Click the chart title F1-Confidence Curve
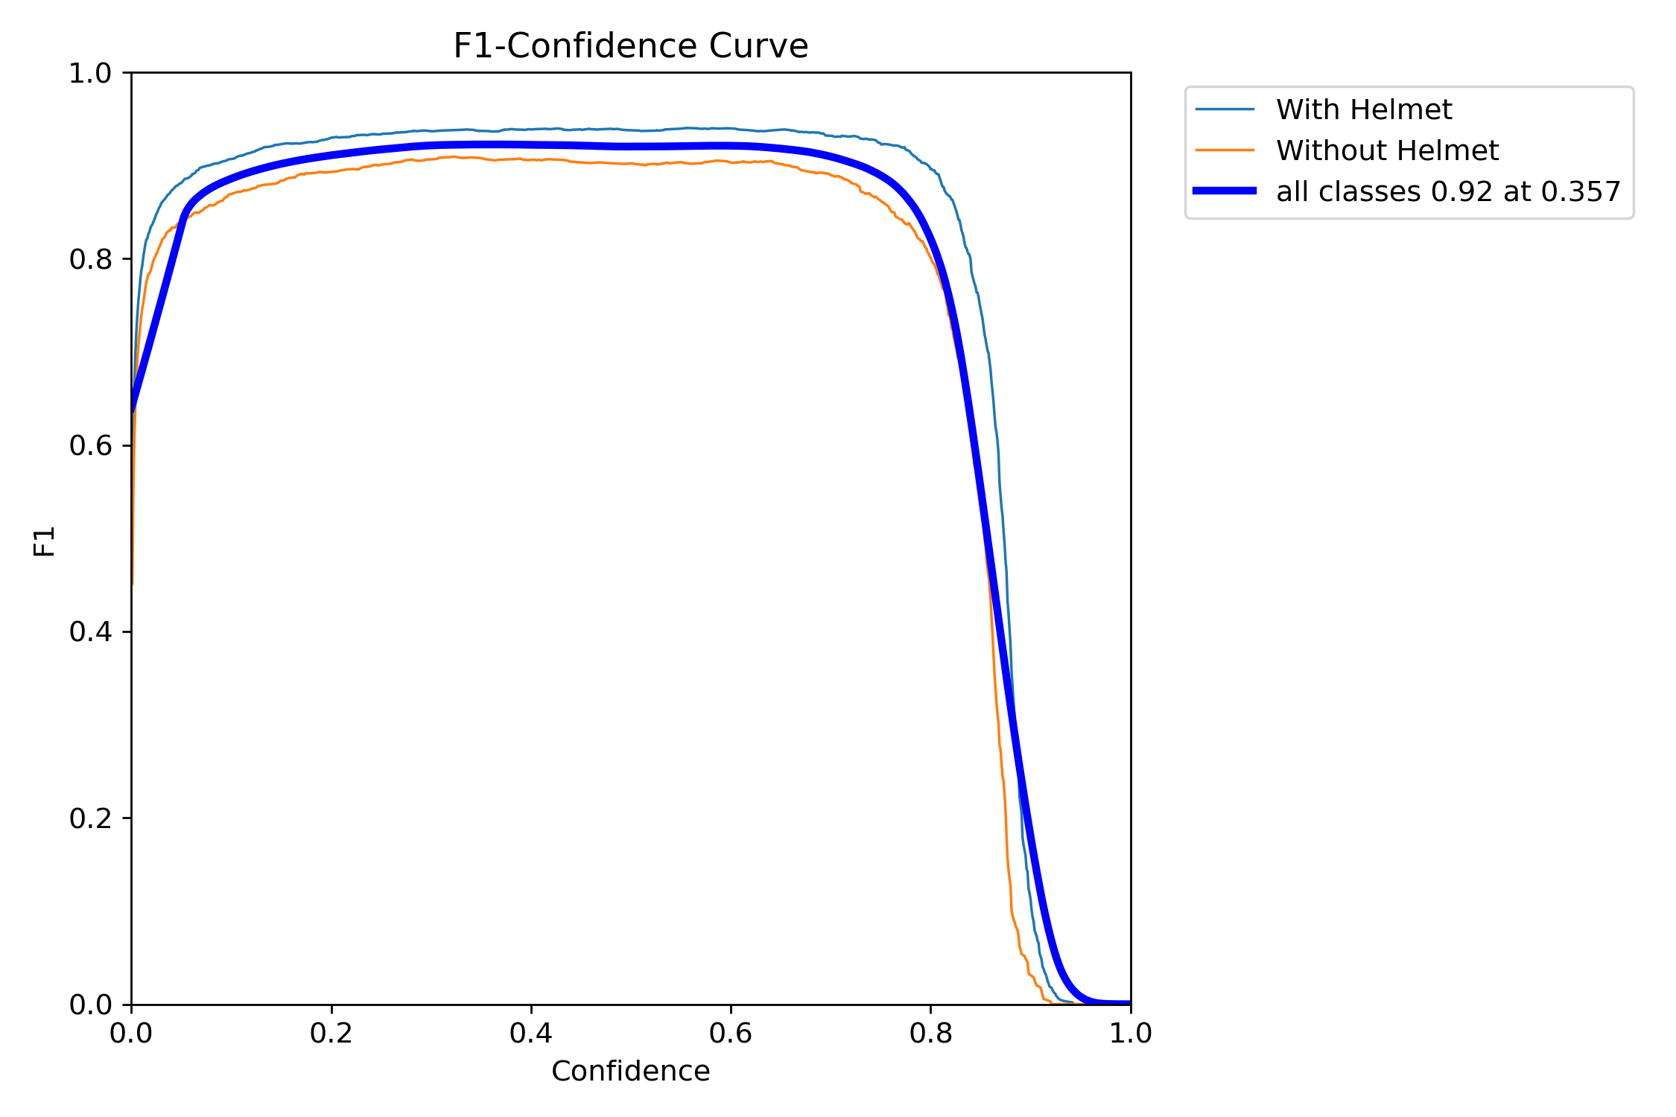coord(630,46)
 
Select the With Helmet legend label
coord(1363,110)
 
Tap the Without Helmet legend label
coord(1386,151)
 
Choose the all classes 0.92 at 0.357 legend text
coord(1448,192)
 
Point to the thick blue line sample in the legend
coord(1225,191)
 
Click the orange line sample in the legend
coord(1225,150)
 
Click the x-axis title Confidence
coord(630,1072)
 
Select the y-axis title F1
coord(45,541)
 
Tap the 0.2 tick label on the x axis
coord(331,1034)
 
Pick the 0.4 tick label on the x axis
coord(531,1034)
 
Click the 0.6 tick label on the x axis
coord(731,1034)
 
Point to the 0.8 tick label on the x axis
coord(930,1034)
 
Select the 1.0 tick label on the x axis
coord(1130,1034)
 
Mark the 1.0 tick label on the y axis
coord(90,74)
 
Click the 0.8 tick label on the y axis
coord(90,260)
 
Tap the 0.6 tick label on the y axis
coord(90,446)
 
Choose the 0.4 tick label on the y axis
coord(90,632)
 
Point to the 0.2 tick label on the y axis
coord(90,819)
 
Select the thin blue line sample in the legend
coord(1225,109)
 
